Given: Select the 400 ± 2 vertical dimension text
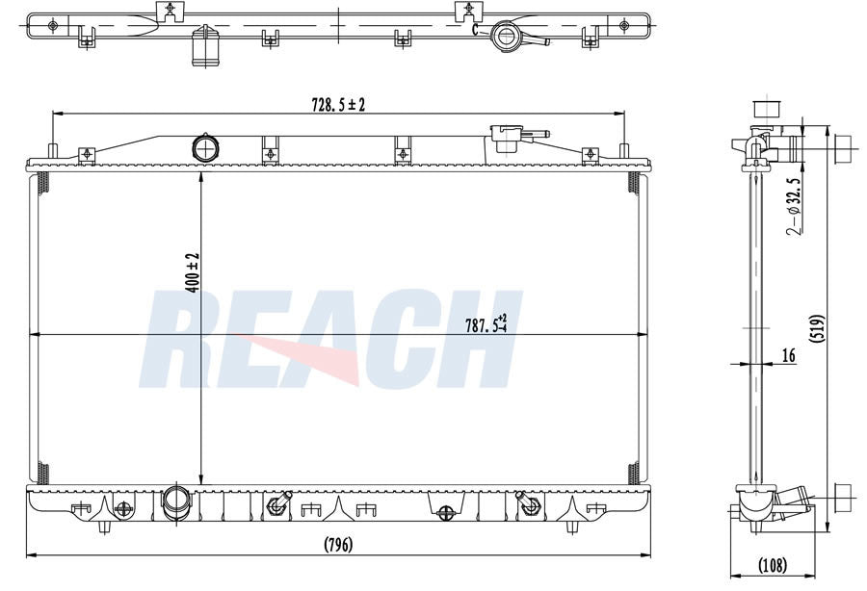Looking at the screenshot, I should coord(192,272).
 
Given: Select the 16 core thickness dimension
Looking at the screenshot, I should coord(787,356).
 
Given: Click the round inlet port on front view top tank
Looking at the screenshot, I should coord(205,148).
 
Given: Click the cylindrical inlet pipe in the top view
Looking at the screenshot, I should coord(205,45).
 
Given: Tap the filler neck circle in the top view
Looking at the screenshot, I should coord(505,37).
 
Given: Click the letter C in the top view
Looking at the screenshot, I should coord(475,29).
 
